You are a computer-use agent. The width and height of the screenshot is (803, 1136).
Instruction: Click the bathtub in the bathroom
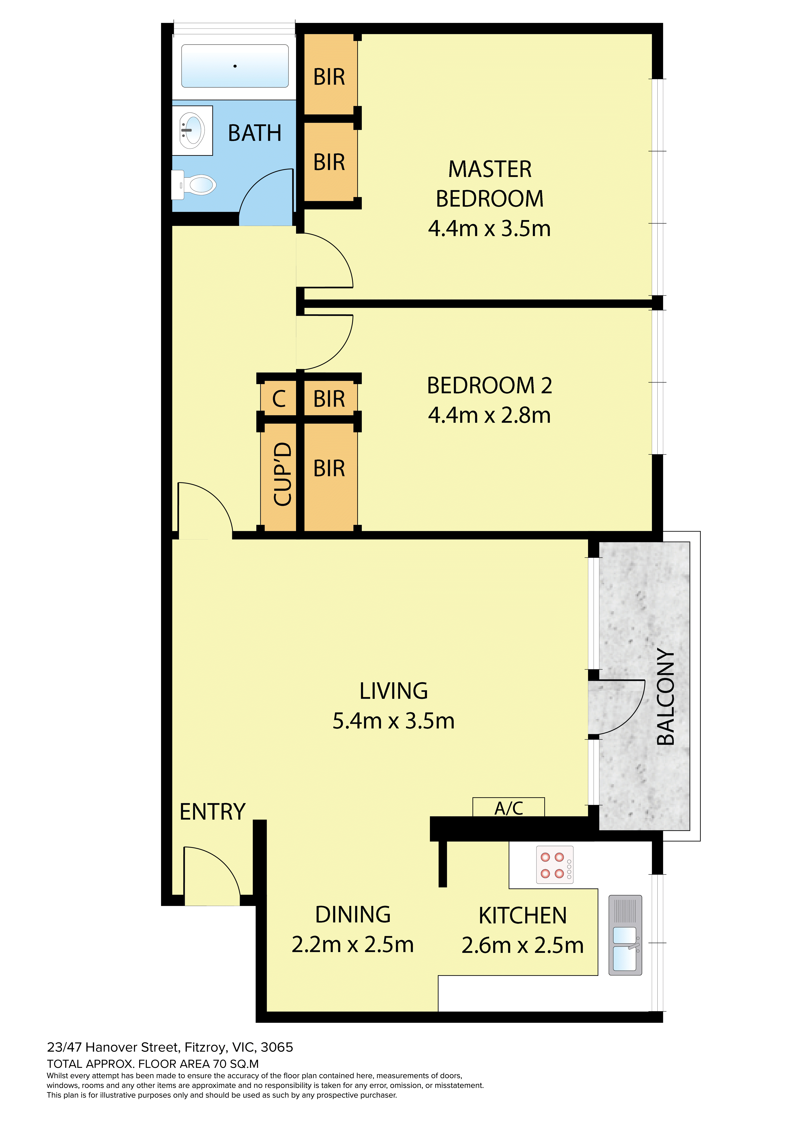[x=235, y=66]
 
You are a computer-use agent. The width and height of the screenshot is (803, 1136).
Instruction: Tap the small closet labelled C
[x=279, y=399]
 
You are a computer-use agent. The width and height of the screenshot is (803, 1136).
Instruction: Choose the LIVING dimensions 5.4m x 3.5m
[x=393, y=721]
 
